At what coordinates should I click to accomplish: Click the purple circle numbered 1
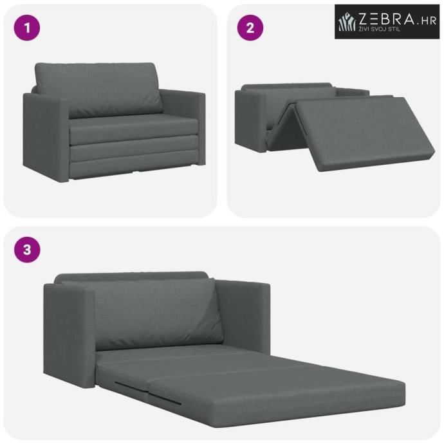pos(27,28)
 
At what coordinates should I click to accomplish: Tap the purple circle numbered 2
pos(250,28)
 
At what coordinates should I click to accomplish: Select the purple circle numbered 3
pos(27,250)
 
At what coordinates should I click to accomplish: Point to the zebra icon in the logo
pos(347,22)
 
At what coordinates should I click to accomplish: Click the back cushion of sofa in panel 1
pos(99,89)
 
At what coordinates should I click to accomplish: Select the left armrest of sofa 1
pos(46,137)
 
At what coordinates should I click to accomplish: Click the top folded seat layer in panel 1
pos(133,129)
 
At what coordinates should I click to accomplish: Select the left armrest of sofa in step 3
pos(69,334)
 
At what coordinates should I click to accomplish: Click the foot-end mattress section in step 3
pos(276,394)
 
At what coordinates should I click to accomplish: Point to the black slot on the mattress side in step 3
pos(165,397)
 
